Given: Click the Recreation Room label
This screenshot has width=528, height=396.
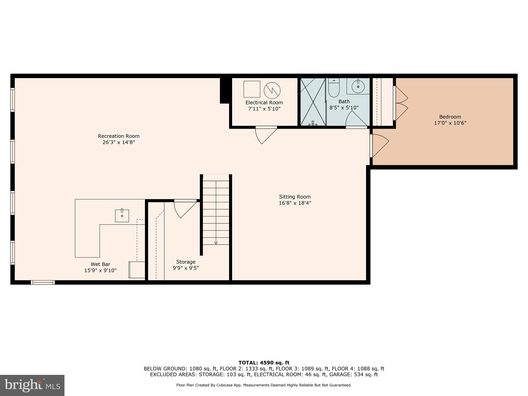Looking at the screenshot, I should coord(119,136).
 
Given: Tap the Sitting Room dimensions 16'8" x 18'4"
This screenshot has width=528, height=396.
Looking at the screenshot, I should coord(295,203).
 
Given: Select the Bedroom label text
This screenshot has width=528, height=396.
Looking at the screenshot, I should coord(450,117).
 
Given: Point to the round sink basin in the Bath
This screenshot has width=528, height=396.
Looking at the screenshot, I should coord(358,86).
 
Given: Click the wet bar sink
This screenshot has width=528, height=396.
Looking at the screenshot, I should coord(122,216).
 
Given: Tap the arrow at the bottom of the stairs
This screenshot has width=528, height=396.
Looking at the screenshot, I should coord(216,243).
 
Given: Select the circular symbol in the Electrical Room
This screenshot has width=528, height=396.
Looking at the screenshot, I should coord(272,90).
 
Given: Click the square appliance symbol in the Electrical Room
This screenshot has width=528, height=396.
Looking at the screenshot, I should coord(252,89).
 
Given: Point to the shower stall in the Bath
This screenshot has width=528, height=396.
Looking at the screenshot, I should coord(313,102).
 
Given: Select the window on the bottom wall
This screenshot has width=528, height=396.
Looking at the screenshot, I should coord(43,282).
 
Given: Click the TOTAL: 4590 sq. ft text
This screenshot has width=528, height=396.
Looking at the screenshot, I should coord(264,363).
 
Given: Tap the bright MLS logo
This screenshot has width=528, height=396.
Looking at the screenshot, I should coord(32,385).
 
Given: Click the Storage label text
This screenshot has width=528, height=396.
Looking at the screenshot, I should coord(186,262).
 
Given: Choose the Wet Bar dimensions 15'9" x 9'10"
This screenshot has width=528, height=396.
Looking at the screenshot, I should coord(100,270).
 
